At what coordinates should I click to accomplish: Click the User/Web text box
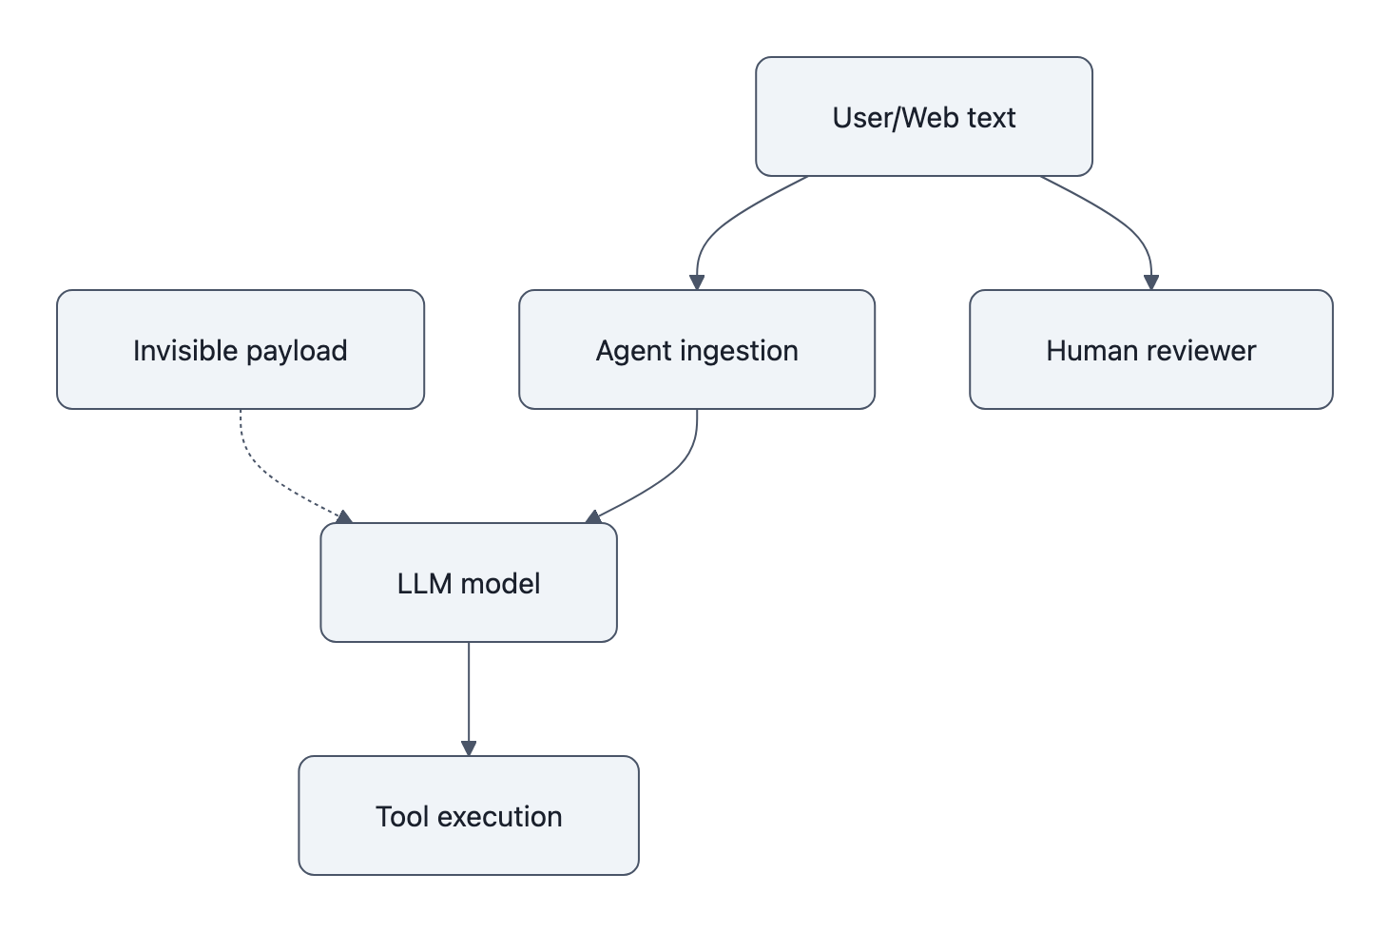pos(923,117)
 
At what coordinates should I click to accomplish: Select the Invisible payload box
pos(240,350)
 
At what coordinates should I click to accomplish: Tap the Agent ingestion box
pos(696,350)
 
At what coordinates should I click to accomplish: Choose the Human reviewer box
pos(1150,350)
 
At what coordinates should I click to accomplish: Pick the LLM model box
pos(468,583)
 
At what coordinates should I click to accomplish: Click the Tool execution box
pos(468,816)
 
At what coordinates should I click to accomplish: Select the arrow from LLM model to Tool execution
pos(468,694)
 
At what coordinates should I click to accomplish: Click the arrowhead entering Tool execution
pos(468,748)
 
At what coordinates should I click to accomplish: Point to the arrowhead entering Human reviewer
pos(1150,282)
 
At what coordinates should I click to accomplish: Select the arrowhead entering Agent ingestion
pos(697,282)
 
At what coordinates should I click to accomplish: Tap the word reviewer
pos(1204,350)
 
